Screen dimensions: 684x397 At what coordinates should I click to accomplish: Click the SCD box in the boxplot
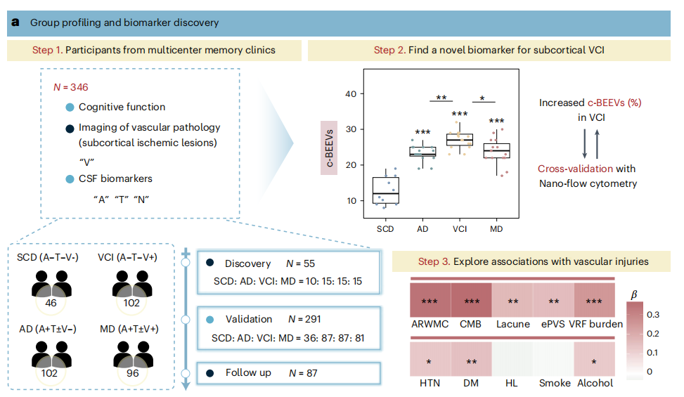pos(386,190)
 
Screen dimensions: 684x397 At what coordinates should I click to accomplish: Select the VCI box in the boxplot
pos(460,139)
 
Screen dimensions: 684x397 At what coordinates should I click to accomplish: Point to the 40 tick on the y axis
pos(351,93)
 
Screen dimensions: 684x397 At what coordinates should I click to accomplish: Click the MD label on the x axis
pos(496,229)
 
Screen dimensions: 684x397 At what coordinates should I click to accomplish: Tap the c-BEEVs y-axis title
pos(330,148)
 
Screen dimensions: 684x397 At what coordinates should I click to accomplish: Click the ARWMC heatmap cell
pos(430,300)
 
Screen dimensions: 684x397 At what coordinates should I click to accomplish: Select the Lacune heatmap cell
pos(512,300)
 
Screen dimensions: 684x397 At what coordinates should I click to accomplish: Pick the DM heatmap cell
pos(471,358)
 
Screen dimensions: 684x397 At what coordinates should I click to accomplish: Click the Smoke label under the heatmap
pos(555,383)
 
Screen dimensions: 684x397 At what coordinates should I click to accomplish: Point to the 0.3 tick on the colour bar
pos(653,315)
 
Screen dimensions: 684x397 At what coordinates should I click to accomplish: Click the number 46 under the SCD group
pos(51,303)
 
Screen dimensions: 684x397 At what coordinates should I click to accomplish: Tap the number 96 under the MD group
pos(133,373)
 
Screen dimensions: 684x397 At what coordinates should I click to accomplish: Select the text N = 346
pos(71,87)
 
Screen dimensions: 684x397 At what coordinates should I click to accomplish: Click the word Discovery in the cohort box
pos(247,263)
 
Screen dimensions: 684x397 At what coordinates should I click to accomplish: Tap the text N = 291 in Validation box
pos(304,320)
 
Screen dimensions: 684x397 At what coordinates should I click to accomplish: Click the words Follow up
pos(248,373)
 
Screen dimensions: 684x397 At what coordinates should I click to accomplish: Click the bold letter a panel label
pos(15,22)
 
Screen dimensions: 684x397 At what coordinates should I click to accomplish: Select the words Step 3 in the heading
pos(434,261)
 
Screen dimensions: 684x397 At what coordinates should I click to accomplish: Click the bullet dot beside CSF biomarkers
pos(70,179)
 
